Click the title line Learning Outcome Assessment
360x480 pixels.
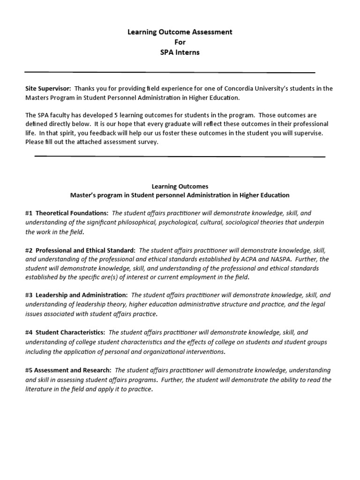pyautogui.click(x=180, y=32)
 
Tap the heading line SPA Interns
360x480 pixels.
pyautogui.click(x=180, y=52)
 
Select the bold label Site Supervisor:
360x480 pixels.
pyautogui.click(x=48, y=88)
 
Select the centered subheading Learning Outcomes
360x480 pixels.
pyautogui.click(x=180, y=186)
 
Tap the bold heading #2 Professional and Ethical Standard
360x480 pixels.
pyautogui.click(x=81, y=250)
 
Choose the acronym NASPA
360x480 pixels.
pyautogui.click(x=293, y=259)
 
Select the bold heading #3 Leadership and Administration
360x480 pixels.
pyautogui.click(x=76, y=295)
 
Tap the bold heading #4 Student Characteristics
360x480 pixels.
pyautogui.click(x=65, y=332)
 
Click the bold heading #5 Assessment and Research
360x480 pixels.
pyautogui.click(x=68, y=370)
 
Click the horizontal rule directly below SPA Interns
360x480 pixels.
pyautogui.click(x=170, y=72)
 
